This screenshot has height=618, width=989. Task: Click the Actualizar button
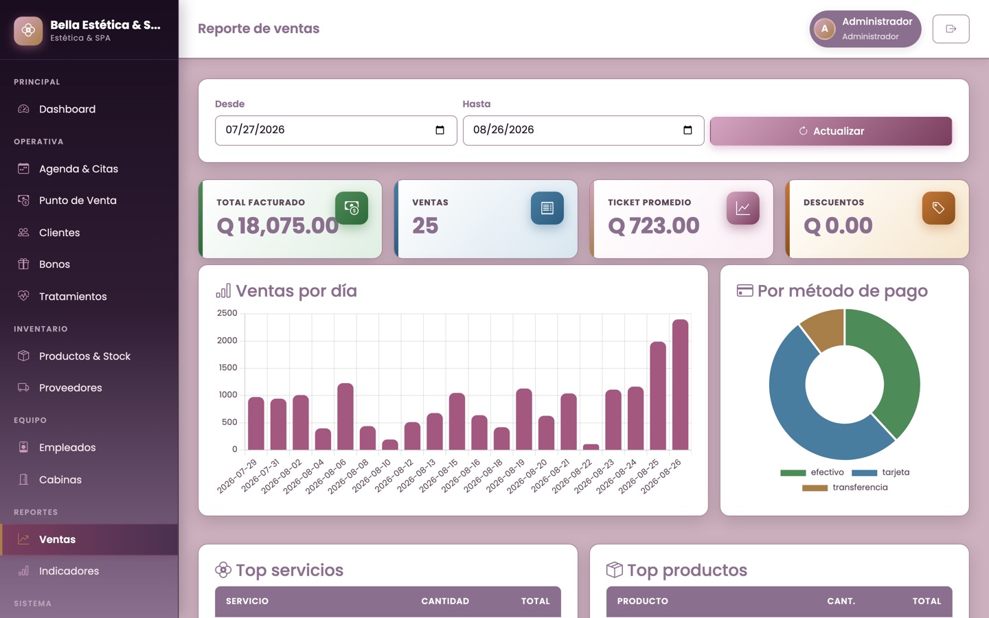pos(830,131)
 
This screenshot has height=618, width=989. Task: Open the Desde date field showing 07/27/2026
pos(336,130)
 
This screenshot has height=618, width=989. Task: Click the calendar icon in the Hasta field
pos(687,130)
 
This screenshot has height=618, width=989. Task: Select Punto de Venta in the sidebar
pos(78,201)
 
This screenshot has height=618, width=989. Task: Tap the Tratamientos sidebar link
pos(73,296)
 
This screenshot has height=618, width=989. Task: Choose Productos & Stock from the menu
pos(84,356)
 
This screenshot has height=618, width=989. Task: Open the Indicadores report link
pos(69,571)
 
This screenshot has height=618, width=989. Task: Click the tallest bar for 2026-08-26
pos(680,385)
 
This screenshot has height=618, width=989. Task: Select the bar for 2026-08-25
pos(658,396)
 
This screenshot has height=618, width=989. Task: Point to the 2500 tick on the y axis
pos(227,313)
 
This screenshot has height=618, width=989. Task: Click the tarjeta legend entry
pos(880,472)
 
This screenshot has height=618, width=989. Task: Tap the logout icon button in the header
pos(951,29)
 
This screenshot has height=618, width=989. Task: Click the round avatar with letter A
pos(824,29)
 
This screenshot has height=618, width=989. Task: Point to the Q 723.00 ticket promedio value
pos(653,225)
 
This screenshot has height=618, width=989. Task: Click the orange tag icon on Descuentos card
pos(938,208)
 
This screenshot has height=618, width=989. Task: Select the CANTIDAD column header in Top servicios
pos(445,602)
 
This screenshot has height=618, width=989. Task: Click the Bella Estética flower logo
pos(28,30)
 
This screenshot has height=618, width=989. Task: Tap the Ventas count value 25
pos(425,225)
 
